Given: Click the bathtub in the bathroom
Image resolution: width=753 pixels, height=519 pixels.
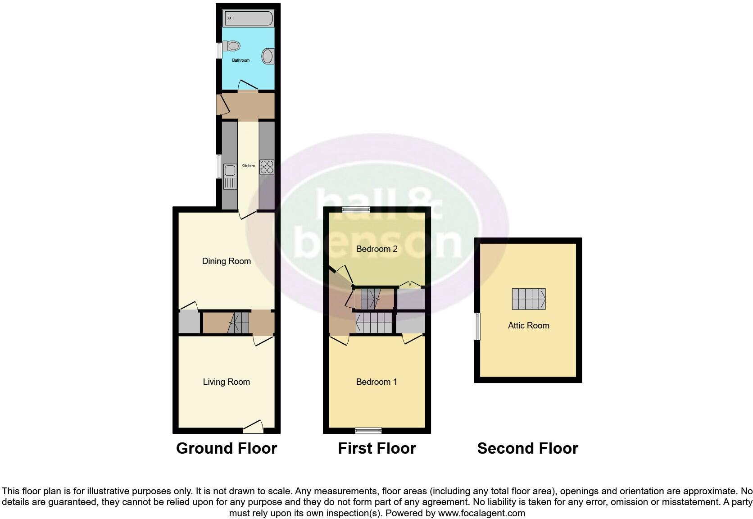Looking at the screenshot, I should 248,18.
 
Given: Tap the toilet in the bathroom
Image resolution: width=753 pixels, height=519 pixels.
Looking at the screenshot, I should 232,46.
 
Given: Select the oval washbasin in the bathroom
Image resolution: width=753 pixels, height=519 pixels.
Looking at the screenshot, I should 268,56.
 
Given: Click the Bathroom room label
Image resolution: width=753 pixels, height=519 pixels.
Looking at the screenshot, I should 240,60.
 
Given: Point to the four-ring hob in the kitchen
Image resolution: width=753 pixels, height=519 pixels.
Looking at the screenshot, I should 267,167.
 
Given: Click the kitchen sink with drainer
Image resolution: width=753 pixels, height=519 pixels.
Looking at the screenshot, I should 230,176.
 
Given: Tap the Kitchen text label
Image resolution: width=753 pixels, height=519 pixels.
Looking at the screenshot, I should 248,166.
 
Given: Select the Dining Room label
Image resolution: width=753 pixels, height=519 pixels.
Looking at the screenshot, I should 226,261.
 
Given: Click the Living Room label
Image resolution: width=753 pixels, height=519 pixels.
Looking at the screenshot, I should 226,382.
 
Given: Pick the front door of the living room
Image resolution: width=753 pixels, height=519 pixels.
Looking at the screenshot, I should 253,426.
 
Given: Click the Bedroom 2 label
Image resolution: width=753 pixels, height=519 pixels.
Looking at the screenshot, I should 376,249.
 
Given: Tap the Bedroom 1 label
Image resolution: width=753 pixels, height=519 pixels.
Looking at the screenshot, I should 376,382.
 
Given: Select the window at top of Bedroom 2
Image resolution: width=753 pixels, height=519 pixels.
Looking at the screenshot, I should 356,209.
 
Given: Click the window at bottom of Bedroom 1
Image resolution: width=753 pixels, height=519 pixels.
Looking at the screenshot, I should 368,431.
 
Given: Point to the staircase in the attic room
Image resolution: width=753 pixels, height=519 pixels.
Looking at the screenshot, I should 529,299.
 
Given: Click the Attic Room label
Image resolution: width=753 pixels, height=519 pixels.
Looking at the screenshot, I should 528,326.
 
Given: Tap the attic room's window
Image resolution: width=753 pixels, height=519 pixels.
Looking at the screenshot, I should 477,327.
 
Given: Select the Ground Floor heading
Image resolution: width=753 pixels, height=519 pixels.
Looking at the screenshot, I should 227,449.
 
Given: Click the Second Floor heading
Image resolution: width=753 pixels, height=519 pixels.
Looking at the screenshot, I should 527,449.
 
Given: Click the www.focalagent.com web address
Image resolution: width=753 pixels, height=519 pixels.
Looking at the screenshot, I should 481,513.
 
